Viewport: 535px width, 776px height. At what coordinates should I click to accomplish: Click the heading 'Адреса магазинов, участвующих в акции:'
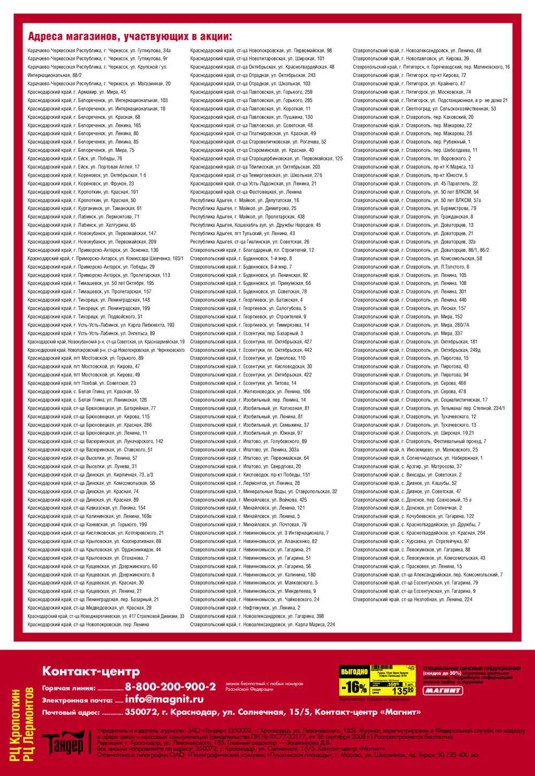130,37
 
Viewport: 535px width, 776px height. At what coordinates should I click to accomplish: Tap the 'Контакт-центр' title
91,671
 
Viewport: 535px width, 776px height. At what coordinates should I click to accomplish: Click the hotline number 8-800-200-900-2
170,687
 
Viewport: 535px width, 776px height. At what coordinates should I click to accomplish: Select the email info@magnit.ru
164,699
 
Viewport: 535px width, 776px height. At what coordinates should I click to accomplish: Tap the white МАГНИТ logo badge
443,690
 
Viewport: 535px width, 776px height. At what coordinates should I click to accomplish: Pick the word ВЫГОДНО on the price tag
354,671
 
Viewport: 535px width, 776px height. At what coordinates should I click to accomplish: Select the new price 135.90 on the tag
402,691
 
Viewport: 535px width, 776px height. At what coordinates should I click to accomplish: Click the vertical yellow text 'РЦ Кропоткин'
16,725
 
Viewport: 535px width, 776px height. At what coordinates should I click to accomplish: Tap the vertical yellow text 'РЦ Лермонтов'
28,725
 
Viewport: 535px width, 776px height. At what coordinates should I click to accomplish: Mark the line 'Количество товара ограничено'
374,699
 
